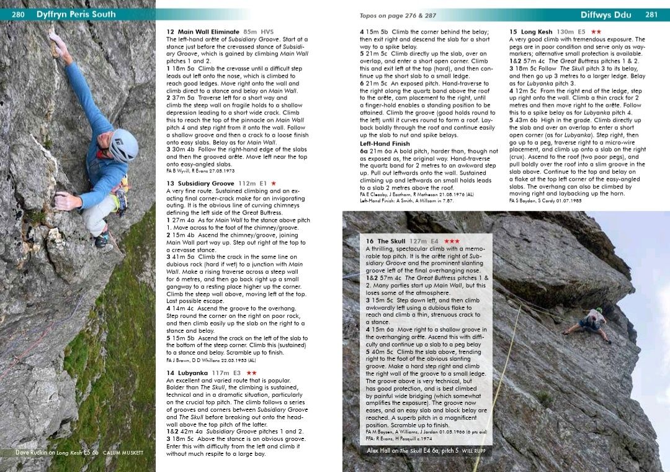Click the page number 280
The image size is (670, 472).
17,14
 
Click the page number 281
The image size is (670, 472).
651,14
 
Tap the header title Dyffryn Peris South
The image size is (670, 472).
76,14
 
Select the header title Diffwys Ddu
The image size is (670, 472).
605,14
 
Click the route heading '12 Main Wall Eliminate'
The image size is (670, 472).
203,32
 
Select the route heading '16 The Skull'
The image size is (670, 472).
385,241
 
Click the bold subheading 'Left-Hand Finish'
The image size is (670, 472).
385,143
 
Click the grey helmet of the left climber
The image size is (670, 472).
123,145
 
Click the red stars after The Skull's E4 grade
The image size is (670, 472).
452,241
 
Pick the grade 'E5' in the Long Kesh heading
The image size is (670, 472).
581,32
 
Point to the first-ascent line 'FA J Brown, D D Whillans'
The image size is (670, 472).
211,360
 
